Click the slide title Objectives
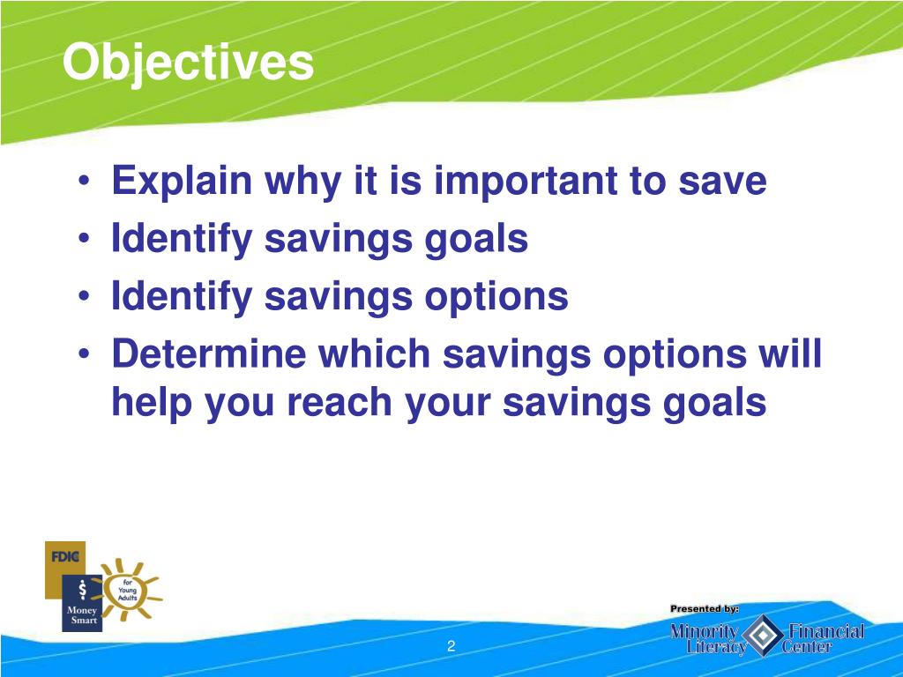point(189,63)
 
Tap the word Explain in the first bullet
point(182,182)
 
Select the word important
point(526,182)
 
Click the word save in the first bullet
point(722,182)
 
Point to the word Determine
point(208,353)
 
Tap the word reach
point(340,402)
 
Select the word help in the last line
point(152,402)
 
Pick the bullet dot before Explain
point(84,180)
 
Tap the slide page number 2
point(451,646)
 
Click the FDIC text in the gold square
point(64,557)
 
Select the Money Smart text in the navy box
point(82,614)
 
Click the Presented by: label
point(705,608)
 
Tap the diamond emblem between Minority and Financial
point(763,635)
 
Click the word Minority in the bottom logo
point(705,631)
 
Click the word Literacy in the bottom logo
point(716,647)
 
